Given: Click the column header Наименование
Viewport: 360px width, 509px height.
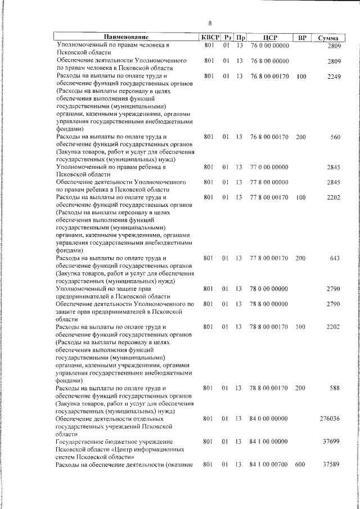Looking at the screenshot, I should [124, 37].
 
